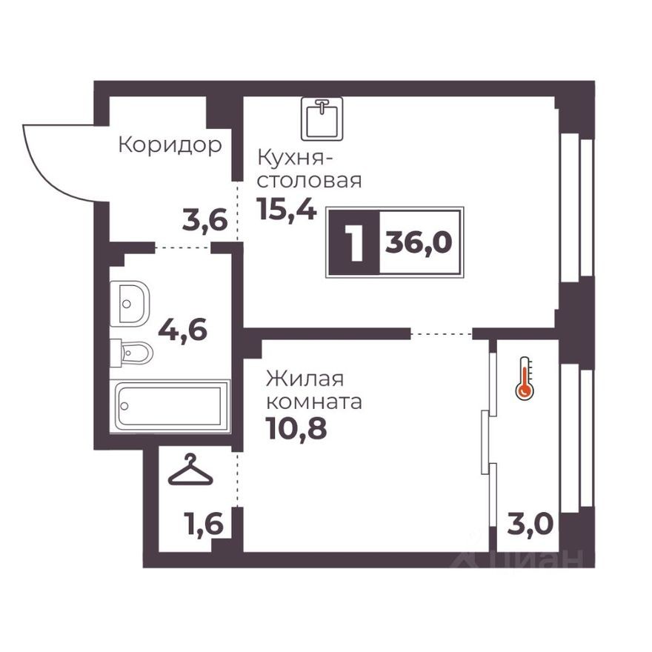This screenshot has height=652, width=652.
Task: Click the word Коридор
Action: pos(170,144)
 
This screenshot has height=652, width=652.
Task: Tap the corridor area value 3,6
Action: pos(204,220)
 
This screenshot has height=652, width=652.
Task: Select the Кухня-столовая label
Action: pos(309,169)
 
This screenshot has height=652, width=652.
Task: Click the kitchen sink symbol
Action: pos(322,119)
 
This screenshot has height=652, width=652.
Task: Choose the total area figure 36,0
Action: pos(419,242)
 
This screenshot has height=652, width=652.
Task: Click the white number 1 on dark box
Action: pos(354,243)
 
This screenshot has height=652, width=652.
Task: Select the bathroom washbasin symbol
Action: pos(130,302)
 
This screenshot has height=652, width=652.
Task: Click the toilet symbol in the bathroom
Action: pos(133,353)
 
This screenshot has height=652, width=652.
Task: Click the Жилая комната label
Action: pos(313,391)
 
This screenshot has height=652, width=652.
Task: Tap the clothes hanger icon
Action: pos(190,470)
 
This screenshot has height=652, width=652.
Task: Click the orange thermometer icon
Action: pos(525,378)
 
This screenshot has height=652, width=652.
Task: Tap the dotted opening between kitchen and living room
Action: pos(441,334)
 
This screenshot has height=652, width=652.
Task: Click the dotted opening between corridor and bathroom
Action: pos(183,247)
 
